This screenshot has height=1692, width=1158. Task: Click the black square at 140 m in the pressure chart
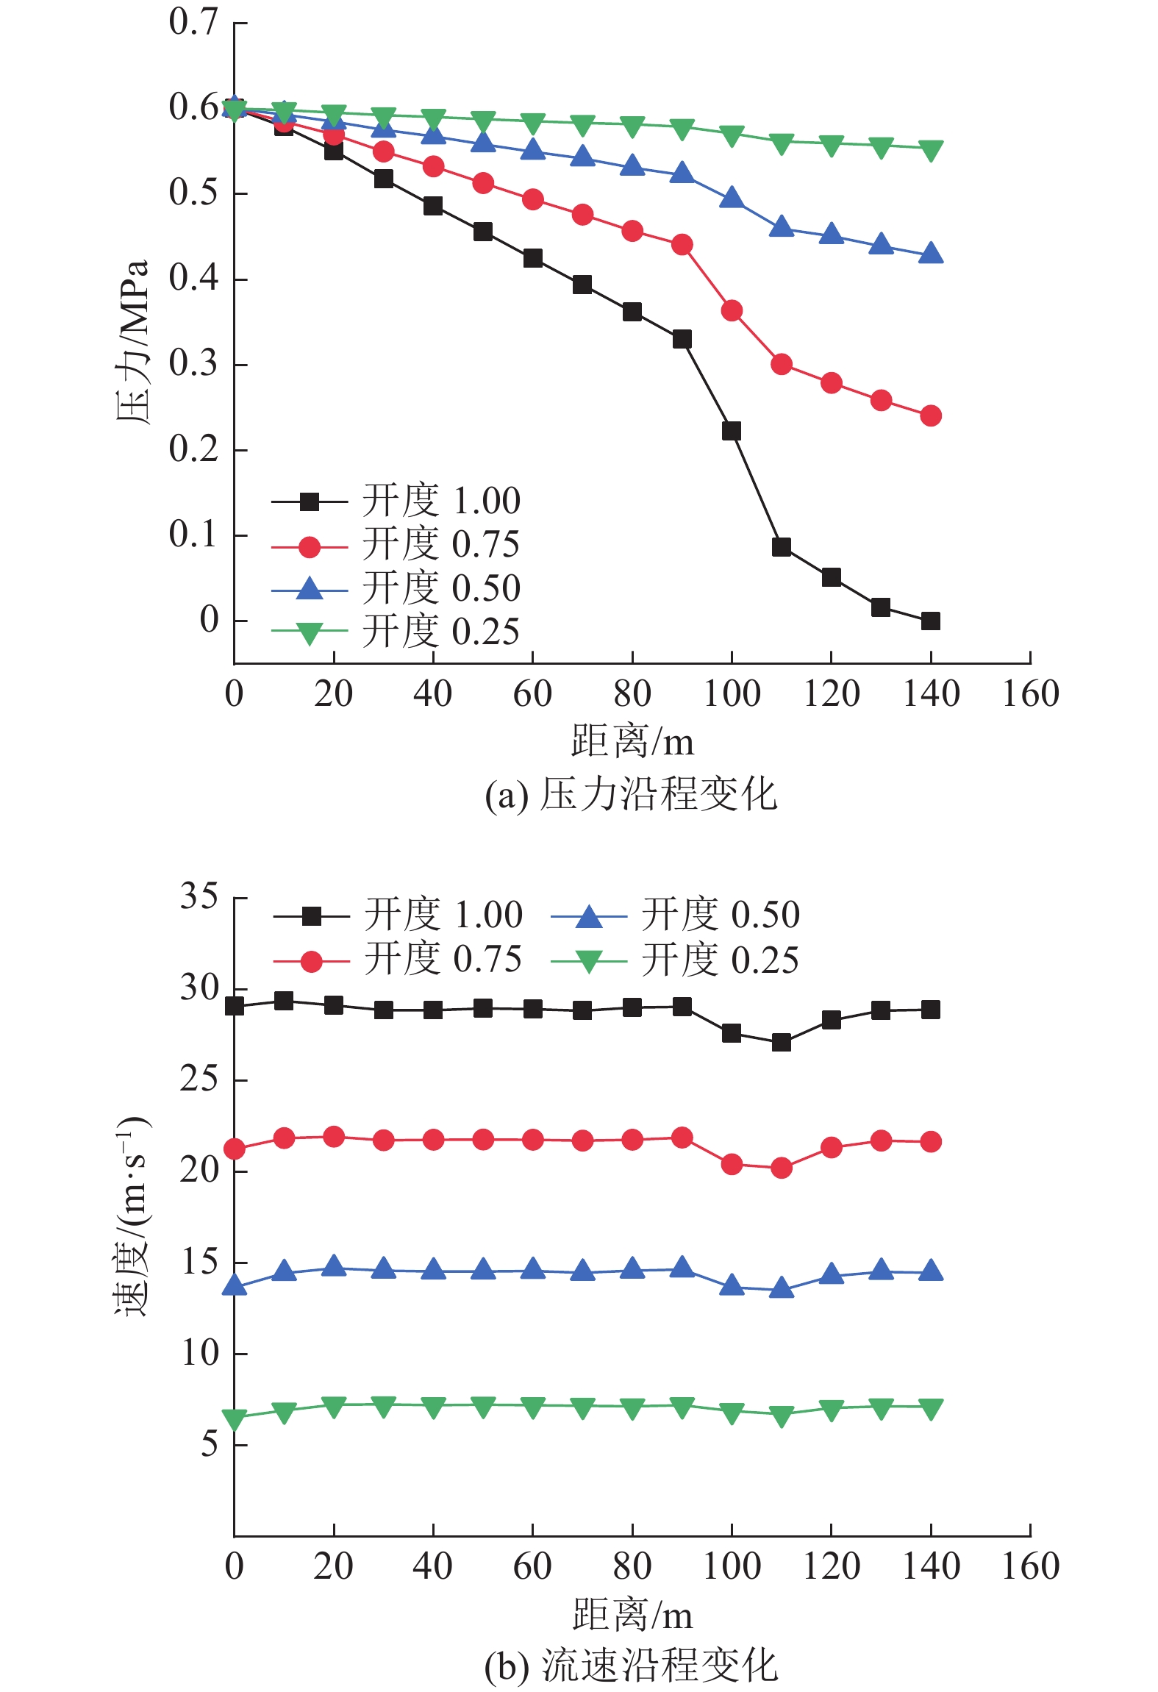coord(930,621)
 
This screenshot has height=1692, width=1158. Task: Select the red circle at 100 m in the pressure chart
coord(732,311)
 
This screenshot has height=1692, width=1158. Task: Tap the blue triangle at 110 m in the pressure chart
coord(781,227)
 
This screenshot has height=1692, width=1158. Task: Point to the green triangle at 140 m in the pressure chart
coord(930,151)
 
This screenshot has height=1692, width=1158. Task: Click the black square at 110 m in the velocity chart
coord(781,1043)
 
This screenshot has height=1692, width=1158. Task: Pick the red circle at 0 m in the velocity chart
coord(235,1149)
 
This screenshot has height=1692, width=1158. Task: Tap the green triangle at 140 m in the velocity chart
coord(930,1409)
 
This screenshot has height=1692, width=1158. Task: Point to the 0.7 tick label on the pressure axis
coord(193,22)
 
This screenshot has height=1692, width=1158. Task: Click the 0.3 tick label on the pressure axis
coord(193,363)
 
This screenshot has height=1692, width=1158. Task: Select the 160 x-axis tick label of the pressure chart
coord(1030,694)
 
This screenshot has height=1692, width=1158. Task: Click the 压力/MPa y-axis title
coord(133,341)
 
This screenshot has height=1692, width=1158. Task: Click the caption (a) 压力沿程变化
coord(631,795)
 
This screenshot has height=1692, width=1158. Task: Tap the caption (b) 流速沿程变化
coord(631,1666)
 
